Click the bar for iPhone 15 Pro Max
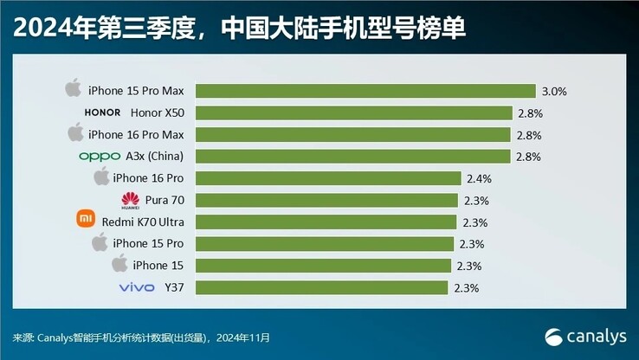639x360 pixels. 365,91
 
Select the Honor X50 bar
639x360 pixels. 352,112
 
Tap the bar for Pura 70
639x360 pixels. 326,200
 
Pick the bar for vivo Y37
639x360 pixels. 321,287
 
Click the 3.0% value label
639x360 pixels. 555,91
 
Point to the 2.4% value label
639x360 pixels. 479,178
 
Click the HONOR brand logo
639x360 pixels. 103,112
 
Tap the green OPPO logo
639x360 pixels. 99,157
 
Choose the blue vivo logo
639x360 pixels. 137,287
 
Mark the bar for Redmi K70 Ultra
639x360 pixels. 325,222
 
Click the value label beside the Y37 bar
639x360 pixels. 467,287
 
